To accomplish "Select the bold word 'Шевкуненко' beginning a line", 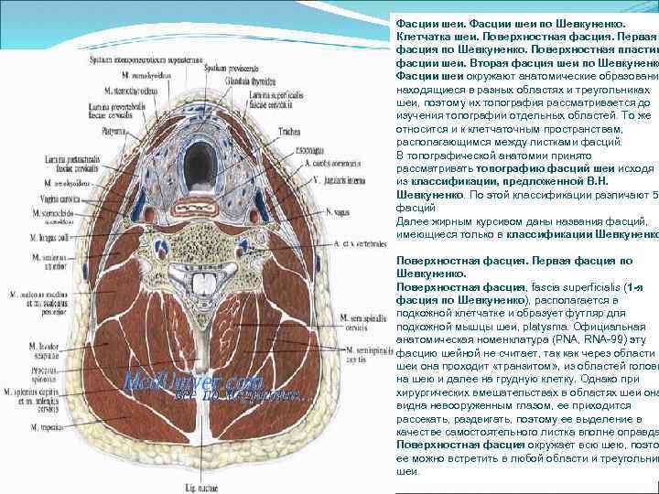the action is pos(429,195).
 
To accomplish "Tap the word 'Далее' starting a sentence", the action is pos(414,221).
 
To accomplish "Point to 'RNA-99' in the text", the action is pos(600,339).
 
